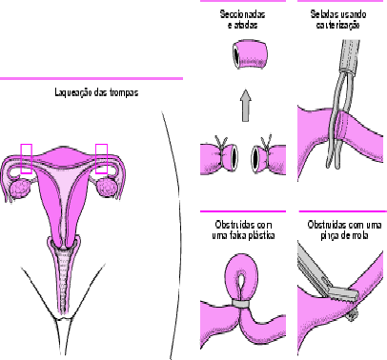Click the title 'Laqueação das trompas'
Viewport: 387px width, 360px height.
pyautogui.click(x=96, y=92)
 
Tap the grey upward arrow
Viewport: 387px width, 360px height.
pyautogui.click(x=245, y=106)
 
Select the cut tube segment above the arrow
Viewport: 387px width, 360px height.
pyautogui.click(x=249, y=54)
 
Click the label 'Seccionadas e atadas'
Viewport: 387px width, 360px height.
pyautogui.click(x=243, y=19)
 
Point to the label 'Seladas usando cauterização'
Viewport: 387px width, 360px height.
pyautogui.click(x=338, y=19)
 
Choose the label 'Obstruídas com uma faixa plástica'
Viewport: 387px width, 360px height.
pyautogui.click(x=243, y=230)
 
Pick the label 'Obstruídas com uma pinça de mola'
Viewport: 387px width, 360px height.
pyautogui.click(x=344, y=230)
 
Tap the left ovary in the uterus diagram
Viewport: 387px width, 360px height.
pyautogui.click(x=21, y=189)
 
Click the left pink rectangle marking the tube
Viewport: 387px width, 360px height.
pyautogui.click(x=27, y=159)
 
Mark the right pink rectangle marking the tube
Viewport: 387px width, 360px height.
pyautogui.click(x=102, y=159)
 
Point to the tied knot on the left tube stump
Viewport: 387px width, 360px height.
pyautogui.click(x=221, y=145)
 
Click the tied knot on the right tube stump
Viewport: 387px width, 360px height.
pyautogui.click(x=266, y=144)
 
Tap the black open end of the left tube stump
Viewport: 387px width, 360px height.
pyautogui.click(x=234, y=156)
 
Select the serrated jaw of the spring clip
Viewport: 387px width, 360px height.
pyautogui.click(x=343, y=294)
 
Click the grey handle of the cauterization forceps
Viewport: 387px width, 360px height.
pyautogui.click(x=350, y=56)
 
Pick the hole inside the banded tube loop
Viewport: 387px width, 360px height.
pyautogui.click(x=241, y=281)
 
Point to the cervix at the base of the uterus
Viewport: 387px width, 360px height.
pyautogui.click(x=64, y=243)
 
